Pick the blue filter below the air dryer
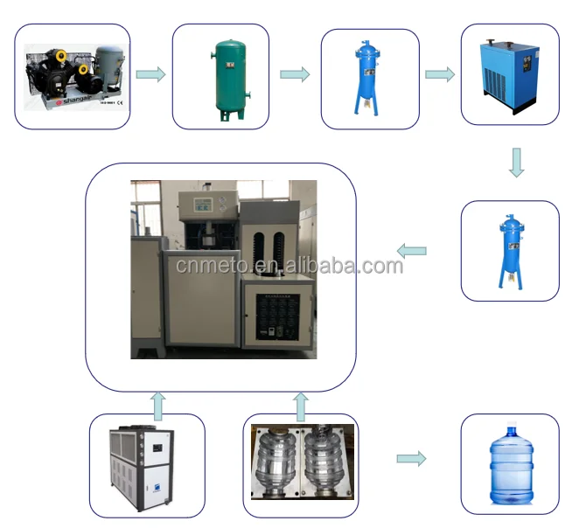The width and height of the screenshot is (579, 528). (x=509, y=250)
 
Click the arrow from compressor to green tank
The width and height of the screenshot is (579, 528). (x=150, y=74)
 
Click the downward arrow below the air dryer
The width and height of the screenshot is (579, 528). (x=516, y=162)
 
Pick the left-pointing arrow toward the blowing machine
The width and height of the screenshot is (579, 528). (x=411, y=252)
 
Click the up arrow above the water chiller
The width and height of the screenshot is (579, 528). (x=157, y=404)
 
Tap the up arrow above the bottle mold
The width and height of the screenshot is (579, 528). (x=300, y=406)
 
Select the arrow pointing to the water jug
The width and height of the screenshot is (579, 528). (x=411, y=459)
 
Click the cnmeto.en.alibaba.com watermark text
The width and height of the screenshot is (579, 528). (x=289, y=265)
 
